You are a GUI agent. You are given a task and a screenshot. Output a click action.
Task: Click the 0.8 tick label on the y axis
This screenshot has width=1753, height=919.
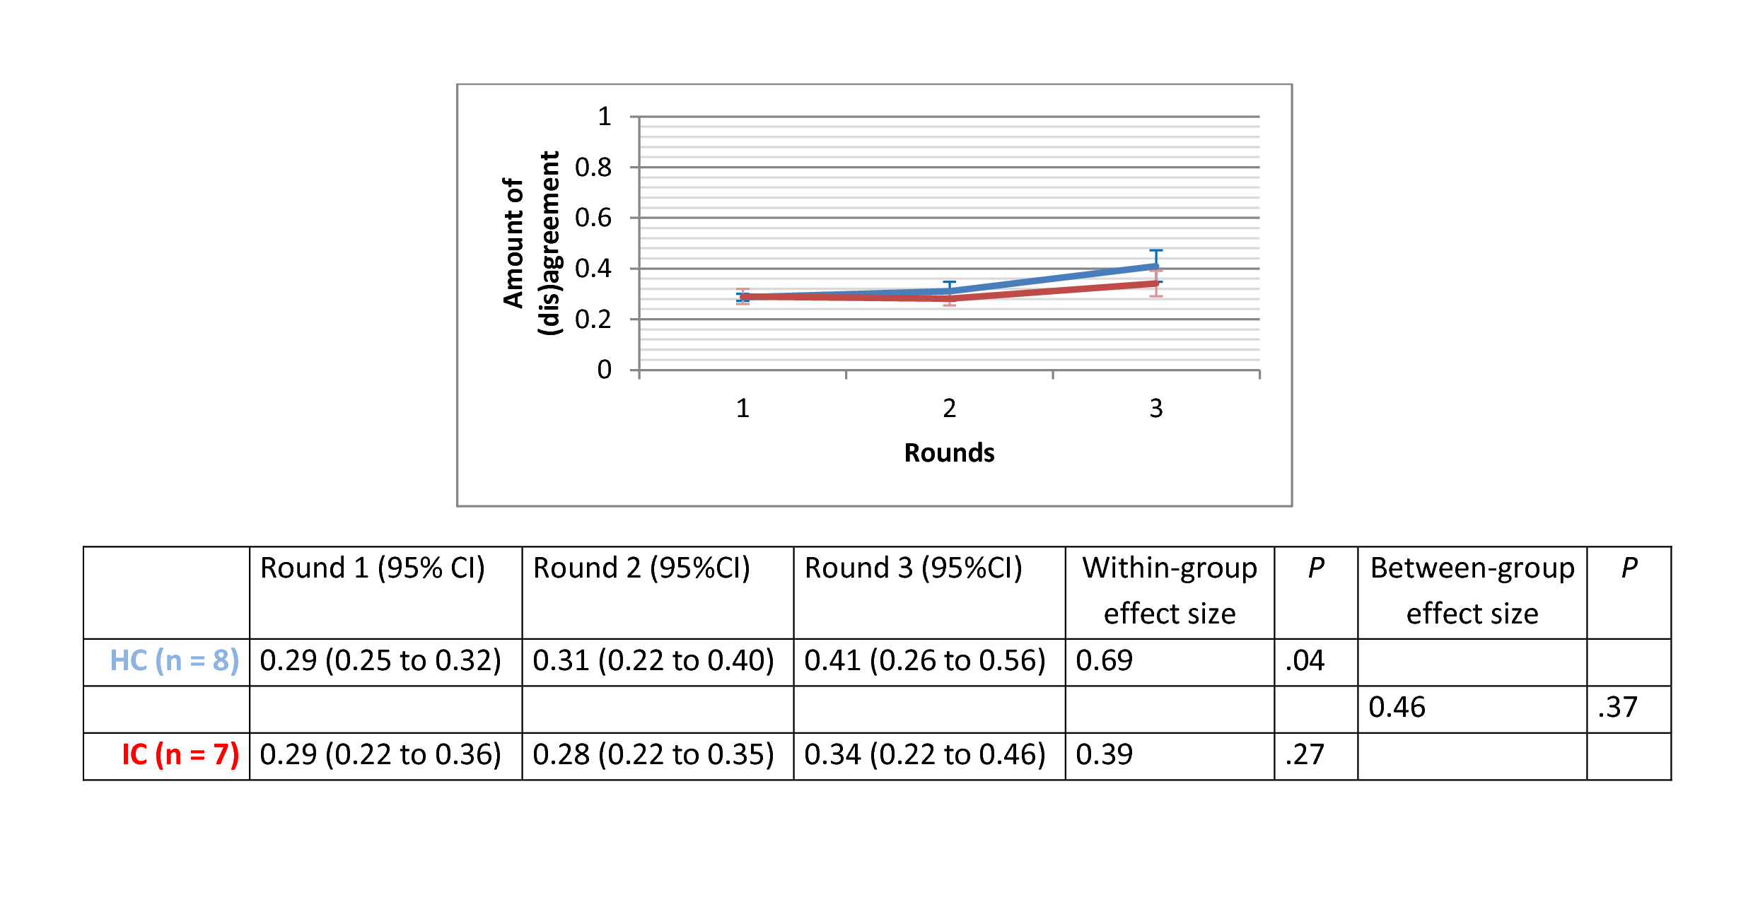tap(593, 168)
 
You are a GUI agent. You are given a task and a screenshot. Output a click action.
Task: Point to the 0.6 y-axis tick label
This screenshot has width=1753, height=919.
tap(593, 218)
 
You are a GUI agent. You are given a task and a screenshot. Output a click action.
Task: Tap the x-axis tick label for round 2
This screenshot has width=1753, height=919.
tap(949, 408)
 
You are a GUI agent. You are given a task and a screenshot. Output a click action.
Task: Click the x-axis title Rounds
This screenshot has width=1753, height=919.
tap(949, 452)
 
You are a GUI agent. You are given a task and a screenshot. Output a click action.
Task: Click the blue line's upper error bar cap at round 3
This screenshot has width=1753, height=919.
tap(1155, 250)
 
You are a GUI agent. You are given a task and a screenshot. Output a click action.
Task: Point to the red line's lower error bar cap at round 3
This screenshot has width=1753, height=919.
tap(1155, 295)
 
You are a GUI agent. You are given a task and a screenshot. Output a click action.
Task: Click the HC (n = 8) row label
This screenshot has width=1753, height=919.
tap(175, 660)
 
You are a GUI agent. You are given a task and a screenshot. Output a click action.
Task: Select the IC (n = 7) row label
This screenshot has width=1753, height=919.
tap(180, 754)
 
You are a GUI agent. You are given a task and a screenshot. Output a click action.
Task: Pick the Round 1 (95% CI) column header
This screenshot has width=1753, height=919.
tap(373, 568)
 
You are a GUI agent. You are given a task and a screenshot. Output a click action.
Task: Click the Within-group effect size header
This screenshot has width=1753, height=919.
tap(1170, 590)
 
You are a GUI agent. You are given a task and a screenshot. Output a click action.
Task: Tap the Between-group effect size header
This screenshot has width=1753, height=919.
tap(1472, 590)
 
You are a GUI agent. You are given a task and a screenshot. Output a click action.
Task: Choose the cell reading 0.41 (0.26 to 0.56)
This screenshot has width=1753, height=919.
tap(925, 660)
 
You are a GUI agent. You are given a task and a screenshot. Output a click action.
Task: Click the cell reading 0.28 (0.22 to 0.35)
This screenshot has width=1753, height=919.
tap(653, 754)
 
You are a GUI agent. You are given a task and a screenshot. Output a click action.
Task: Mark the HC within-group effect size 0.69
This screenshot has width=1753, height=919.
tap(1104, 660)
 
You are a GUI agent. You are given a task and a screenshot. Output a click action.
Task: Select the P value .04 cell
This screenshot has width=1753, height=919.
tap(1305, 660)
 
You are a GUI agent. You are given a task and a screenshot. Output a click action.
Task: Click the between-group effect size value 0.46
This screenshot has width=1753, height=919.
tap(1397, 707)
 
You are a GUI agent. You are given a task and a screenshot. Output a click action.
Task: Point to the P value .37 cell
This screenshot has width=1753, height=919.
tap(1617, 707)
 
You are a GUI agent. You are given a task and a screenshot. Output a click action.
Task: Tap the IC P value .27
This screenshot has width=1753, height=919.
tap(1305, 754)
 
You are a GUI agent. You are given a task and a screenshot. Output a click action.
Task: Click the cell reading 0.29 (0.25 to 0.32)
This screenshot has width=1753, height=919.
tap(380, 660)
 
